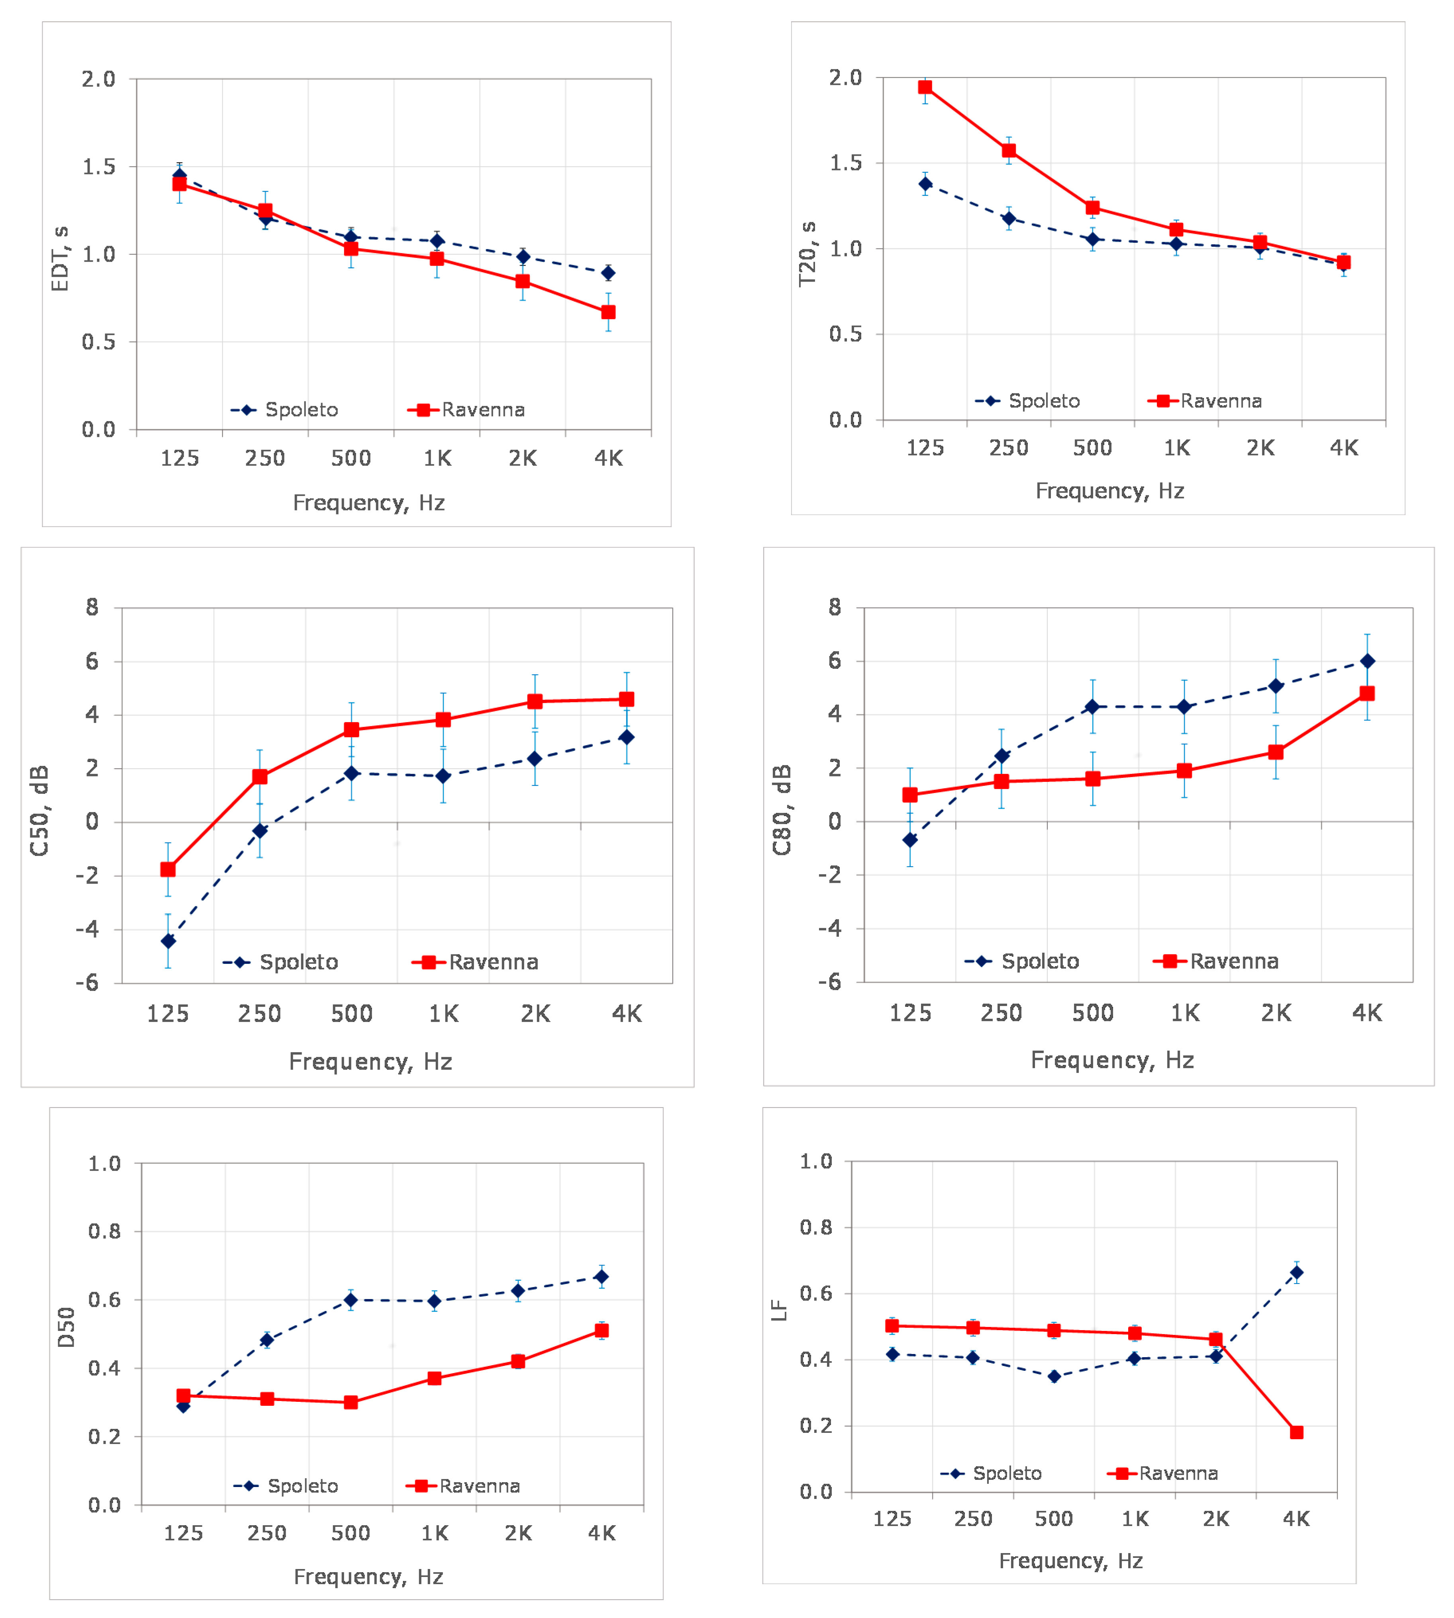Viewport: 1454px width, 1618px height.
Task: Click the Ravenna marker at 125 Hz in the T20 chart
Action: tap(925, 87)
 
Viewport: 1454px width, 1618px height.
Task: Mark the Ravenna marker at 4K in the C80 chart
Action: tap(1367, 693)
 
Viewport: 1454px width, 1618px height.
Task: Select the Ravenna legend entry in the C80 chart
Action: tap(1216, 961)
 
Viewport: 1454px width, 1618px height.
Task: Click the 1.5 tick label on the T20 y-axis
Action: tap(846, 163)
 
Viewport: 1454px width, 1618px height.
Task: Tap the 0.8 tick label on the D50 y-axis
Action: tap(105, 1231)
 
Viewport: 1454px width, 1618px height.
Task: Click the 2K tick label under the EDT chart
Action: tap(523, 458)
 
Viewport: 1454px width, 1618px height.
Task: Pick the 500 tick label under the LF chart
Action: tap(1054, 1519)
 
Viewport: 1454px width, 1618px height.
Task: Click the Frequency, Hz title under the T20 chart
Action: tap(1110, 490)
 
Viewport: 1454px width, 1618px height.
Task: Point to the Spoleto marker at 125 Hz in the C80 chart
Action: tap(910, 839)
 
